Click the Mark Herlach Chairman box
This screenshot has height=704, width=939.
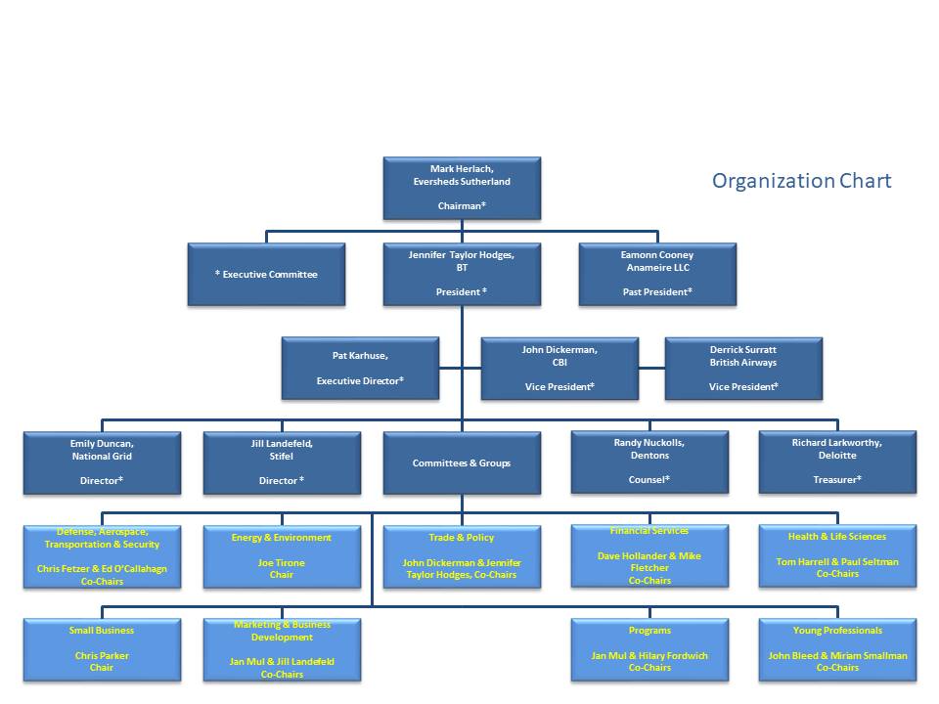[x=461, y=188]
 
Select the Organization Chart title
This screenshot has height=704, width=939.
[x=801, y=181]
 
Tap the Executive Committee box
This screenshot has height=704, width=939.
[x=266, y=275]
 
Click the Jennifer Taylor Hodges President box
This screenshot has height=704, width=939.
[x=461, y=274]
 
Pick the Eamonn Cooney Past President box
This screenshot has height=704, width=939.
[x=656, y=274]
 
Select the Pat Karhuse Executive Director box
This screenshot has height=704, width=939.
[x=360, y=368]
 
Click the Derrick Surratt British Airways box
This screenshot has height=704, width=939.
[x=742, y=368]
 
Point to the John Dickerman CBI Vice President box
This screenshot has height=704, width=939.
[x=559, y=368]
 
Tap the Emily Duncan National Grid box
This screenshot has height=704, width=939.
[x=102, y=462]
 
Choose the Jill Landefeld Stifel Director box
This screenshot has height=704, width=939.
[x=282, y=462]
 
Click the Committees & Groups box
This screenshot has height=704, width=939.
[x=461, y=462]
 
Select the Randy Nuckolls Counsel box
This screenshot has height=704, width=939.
[x=648, y=462]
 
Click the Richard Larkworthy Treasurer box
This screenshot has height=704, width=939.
[x=836, y=462]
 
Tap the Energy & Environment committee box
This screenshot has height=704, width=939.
[x=282, y=556]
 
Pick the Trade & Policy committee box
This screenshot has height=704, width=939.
[x=461, y=556]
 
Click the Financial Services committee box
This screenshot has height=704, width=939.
[x=648, y=556]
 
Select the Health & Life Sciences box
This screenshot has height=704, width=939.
[x=836, y=556]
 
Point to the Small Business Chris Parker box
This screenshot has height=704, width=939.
[x=102, y=649]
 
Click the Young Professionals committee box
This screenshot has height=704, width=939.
[x=836, y=649]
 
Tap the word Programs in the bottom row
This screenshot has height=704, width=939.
[x=649, y=631]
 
